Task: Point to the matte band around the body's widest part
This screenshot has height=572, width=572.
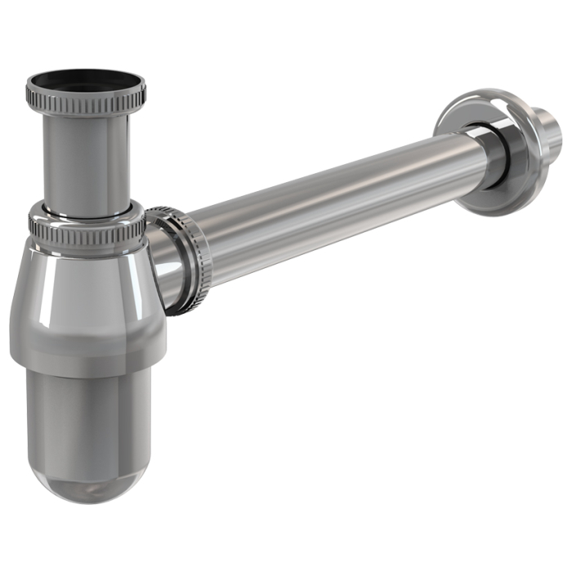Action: [x=85, y=347]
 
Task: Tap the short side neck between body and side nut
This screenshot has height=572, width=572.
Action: [x=159, y=274]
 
